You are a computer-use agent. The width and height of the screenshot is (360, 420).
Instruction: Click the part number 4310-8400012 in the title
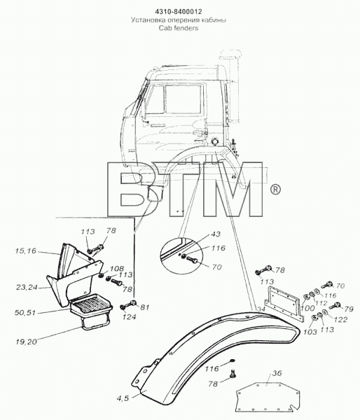[x=179, y=12]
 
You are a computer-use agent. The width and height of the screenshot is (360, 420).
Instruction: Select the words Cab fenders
[x=179, y=28]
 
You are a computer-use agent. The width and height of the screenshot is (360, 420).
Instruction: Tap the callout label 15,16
[x=26, y=251]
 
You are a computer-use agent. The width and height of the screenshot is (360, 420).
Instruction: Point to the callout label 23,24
[x=27, y=288]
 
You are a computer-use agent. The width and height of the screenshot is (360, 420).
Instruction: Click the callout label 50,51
[x=25, y=312]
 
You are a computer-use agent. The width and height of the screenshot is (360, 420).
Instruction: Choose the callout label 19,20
[x=27, y=342]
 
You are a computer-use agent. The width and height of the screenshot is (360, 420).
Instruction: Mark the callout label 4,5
[x=123, y=398]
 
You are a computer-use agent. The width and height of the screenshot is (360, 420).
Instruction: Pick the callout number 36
[x=277, y=373]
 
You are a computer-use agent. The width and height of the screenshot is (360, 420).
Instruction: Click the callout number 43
[x=216, y=234]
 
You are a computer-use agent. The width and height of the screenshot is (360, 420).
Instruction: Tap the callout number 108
[x=116, y=269]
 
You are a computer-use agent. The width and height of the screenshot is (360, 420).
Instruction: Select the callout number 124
[x=129, y=317]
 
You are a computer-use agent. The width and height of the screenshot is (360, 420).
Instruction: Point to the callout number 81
[x=144, y=307]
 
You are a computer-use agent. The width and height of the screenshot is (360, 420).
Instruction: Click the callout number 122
[x=340, y=319]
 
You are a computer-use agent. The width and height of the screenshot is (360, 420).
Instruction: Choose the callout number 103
[x=310, y=332]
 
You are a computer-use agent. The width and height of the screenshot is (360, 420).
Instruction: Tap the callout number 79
[x=349, y=309]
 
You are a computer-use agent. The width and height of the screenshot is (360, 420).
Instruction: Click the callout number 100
[x=307, y=308]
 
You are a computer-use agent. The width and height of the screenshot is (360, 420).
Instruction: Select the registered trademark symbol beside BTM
[x=275, y=190]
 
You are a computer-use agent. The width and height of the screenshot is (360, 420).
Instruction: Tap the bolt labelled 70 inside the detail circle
[x=192, y=259]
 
